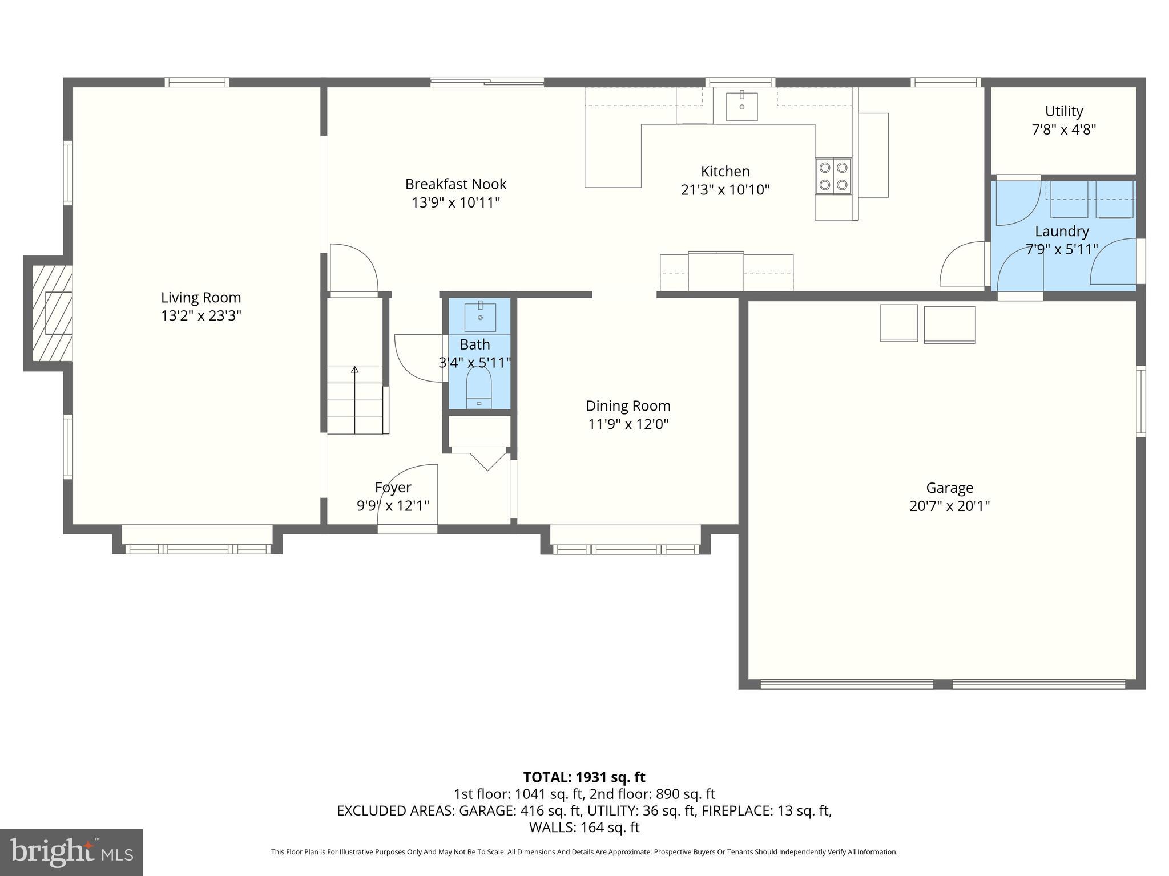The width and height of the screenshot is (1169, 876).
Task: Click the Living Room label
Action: pyautogui.click(x=201, y=297)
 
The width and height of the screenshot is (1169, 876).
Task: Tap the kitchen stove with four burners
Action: pyautogui.click(x=833, y=176)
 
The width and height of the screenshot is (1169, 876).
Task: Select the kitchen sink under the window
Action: pyautogui.click(x=741, y=107)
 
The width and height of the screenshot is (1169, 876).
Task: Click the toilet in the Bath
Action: pyautogui.click(x=479, y=387)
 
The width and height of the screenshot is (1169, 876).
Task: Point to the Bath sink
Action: pyautogui.click(x=480, y=317)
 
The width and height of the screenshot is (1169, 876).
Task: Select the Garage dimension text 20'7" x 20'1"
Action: pyautogui.click(x=949, y=506)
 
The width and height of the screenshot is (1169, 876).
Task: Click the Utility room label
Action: pyautogui.click(x=1063, y=111)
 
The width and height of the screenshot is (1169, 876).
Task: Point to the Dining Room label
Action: pyautogui.click(x=628, y=405)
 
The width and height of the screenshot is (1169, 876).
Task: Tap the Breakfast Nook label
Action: pyautogui.click(x=455, y=184)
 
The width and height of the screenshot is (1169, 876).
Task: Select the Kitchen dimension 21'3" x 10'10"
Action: pyautogui.click(x=725, y=189)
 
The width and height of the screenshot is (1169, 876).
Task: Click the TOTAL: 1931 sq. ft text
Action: pyautogui.click(x=584, y=777)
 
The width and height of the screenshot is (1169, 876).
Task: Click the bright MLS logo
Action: pyautogui.click(x=71, y=852)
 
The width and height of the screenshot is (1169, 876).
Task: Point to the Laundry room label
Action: pyautogui.click(x=1062, y=231)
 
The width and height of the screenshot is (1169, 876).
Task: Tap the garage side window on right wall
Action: pyautogui.click(x=1140, y=401)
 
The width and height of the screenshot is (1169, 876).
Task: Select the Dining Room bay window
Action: pyautogui.click(x=626, y=549)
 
